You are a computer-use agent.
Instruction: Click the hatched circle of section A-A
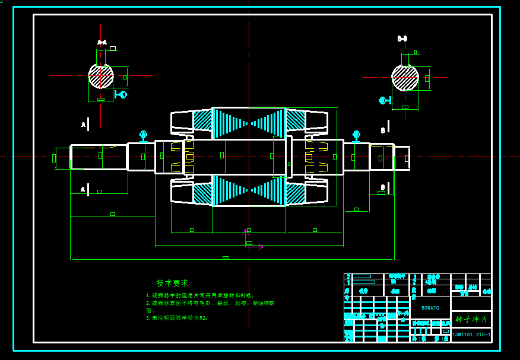(101, 76)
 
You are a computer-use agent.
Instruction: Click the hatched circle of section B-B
(405, 77)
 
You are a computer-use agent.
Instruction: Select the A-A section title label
(102, 42)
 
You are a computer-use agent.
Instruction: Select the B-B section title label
(402, 39)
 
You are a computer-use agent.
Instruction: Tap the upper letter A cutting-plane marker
(84, 125)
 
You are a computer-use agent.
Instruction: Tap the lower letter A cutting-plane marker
(84, 189)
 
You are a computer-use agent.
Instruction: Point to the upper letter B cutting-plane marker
(383, 130)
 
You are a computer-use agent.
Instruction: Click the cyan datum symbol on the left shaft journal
(143, 136)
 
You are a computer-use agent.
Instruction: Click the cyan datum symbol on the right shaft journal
(356, 136)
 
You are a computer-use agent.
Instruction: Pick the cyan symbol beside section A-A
(121, 94)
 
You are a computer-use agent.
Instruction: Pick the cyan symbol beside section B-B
(385, 100)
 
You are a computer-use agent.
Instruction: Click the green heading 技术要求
(172, 283)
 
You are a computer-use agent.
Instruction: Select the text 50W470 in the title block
(430, 308)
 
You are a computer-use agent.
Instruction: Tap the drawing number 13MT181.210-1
(471, 335)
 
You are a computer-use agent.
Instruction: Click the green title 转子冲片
(471, 319)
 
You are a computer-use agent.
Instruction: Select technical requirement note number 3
(177, 318)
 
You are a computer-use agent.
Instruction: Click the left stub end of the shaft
(62, 158)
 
